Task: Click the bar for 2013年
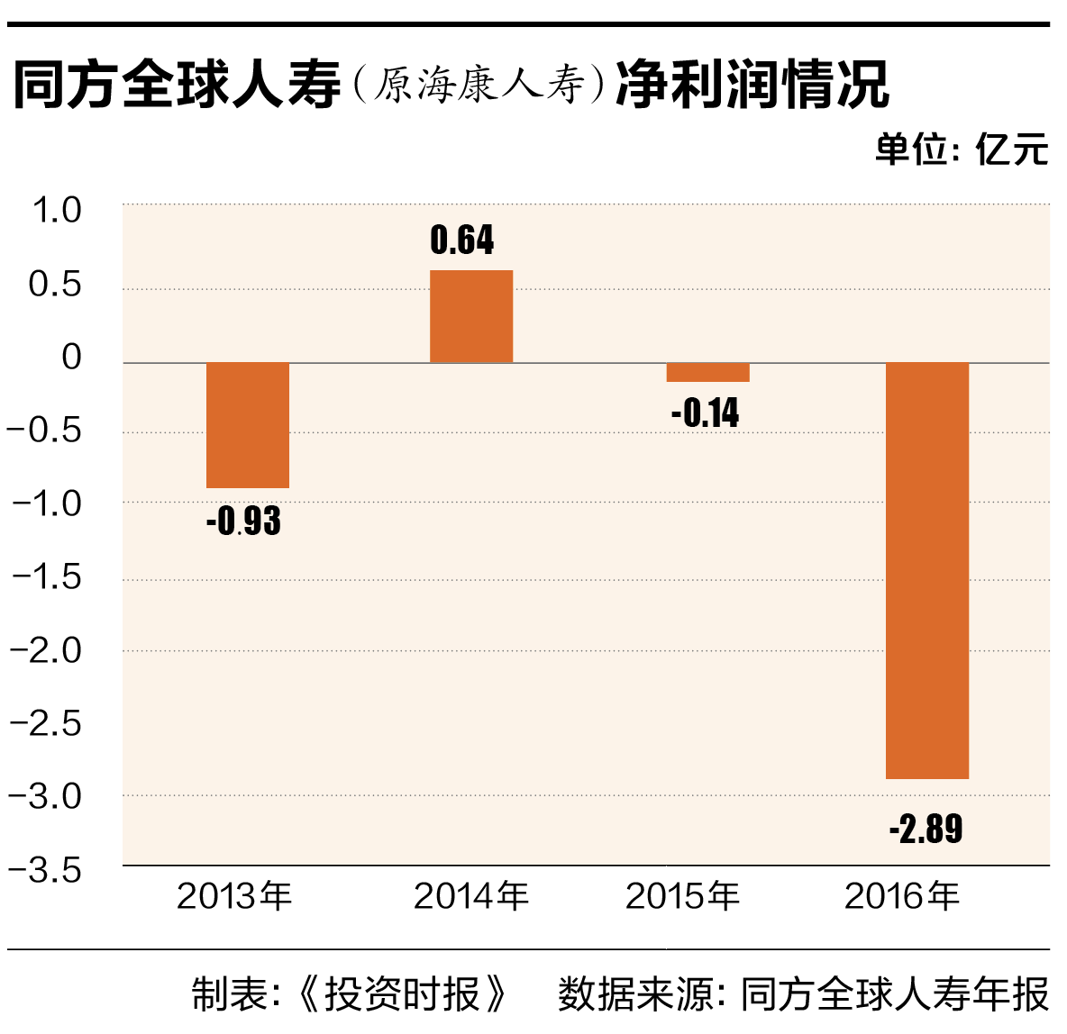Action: tap(248, 425)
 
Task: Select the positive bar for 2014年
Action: tap(471, 317)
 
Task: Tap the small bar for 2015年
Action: tap(707, 372)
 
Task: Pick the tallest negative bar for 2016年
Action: tap(927, 570)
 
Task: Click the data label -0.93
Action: tap(243, 522)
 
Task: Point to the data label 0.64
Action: tap(462, 240)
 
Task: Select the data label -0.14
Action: tap(705, 413)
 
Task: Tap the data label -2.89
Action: tap(926, 829)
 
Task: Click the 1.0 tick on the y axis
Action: tap(56, 211)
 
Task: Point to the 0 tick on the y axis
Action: tap(71, 358)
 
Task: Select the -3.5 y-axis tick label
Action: tap(45, 871)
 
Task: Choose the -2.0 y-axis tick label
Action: tap(45, 650)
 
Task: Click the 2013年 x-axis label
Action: tap(234, 896)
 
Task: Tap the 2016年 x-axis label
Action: tap(902, 896)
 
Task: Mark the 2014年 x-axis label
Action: tap(471, 896)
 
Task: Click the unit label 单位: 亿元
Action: tap(962, 150)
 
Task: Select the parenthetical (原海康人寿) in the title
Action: tap(478, 86)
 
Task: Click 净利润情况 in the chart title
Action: tap(752, 86)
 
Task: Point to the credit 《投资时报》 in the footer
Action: tap(402, 994)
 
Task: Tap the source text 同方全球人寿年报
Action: tap(895, 994)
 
